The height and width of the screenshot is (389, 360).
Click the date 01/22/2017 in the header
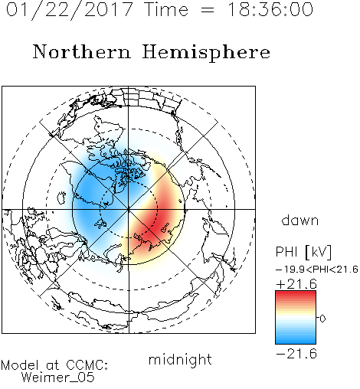pos(70,10)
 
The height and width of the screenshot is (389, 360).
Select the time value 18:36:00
pos(270,9)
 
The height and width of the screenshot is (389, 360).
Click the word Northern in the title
pos(82,52)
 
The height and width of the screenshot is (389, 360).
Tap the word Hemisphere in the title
pos(206,53)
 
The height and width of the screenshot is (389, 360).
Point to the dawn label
pos(300,220)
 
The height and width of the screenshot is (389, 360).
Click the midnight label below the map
pos(180,360)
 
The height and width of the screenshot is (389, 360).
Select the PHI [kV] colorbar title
pos(303,252)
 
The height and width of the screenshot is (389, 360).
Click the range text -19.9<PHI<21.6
pos(317,270)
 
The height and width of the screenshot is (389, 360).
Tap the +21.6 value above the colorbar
pos(296,284)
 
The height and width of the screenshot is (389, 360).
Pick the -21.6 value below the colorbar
pos(296,354)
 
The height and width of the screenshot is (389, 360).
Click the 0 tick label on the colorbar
pos(322,319)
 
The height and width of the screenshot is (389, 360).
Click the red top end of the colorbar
pos(296,293)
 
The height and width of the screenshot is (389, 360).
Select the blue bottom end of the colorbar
pos(296,342)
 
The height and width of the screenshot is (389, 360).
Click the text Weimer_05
pos(58,378)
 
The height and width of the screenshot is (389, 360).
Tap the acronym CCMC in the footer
pos(87,365)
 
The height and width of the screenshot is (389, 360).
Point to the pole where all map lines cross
pos(129,209)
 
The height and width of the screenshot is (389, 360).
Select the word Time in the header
pos(166,9)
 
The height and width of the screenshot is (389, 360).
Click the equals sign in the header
pos(208,10)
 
